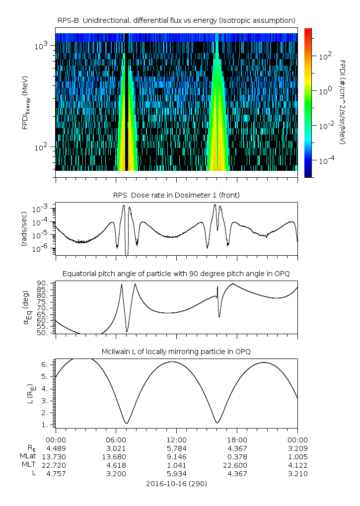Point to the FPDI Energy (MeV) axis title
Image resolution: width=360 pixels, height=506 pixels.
click(26, 103)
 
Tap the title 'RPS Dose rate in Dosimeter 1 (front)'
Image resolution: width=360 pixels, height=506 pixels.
click(176, 195)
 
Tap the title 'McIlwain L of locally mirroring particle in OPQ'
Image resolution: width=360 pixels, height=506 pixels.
click(176, 352)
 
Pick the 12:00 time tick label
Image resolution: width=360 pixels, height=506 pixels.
click(176, 439)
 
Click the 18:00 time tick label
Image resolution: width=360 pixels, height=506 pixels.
click(237, 439)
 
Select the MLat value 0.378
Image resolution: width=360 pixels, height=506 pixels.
click(237, 456)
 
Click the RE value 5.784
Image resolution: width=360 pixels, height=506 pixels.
click(176, 448)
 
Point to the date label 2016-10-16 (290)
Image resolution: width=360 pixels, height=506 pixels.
click(176, 483)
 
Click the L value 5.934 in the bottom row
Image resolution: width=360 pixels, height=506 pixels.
click(176, 474)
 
